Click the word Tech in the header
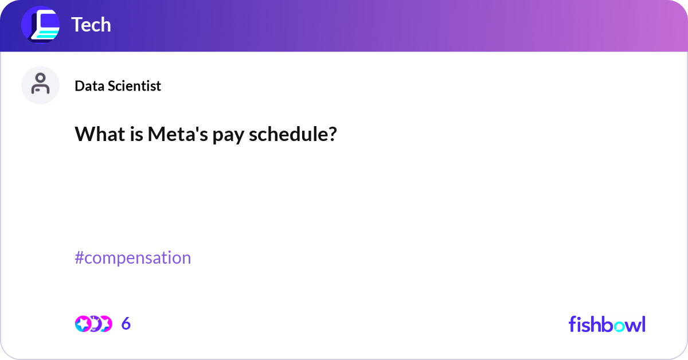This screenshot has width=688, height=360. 91,25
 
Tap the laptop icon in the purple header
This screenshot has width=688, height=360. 41,25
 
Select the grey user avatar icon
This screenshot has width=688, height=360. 40,85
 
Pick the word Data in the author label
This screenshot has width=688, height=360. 88,86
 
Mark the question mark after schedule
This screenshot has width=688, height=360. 333,135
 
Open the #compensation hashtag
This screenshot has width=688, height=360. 133,258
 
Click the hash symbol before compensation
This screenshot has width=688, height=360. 80,258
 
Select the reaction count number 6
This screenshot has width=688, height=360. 126,324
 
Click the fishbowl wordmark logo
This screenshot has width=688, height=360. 607,324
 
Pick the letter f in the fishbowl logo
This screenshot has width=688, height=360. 572,324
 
